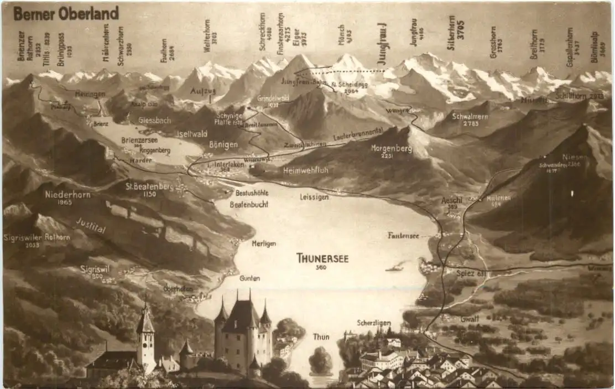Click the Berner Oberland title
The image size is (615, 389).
tap(66, 13)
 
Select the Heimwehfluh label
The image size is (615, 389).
tap(305, 170)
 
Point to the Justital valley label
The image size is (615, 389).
tap(91, 226)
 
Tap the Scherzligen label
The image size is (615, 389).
tap(374, 323)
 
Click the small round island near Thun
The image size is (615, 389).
tap(321, 361)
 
